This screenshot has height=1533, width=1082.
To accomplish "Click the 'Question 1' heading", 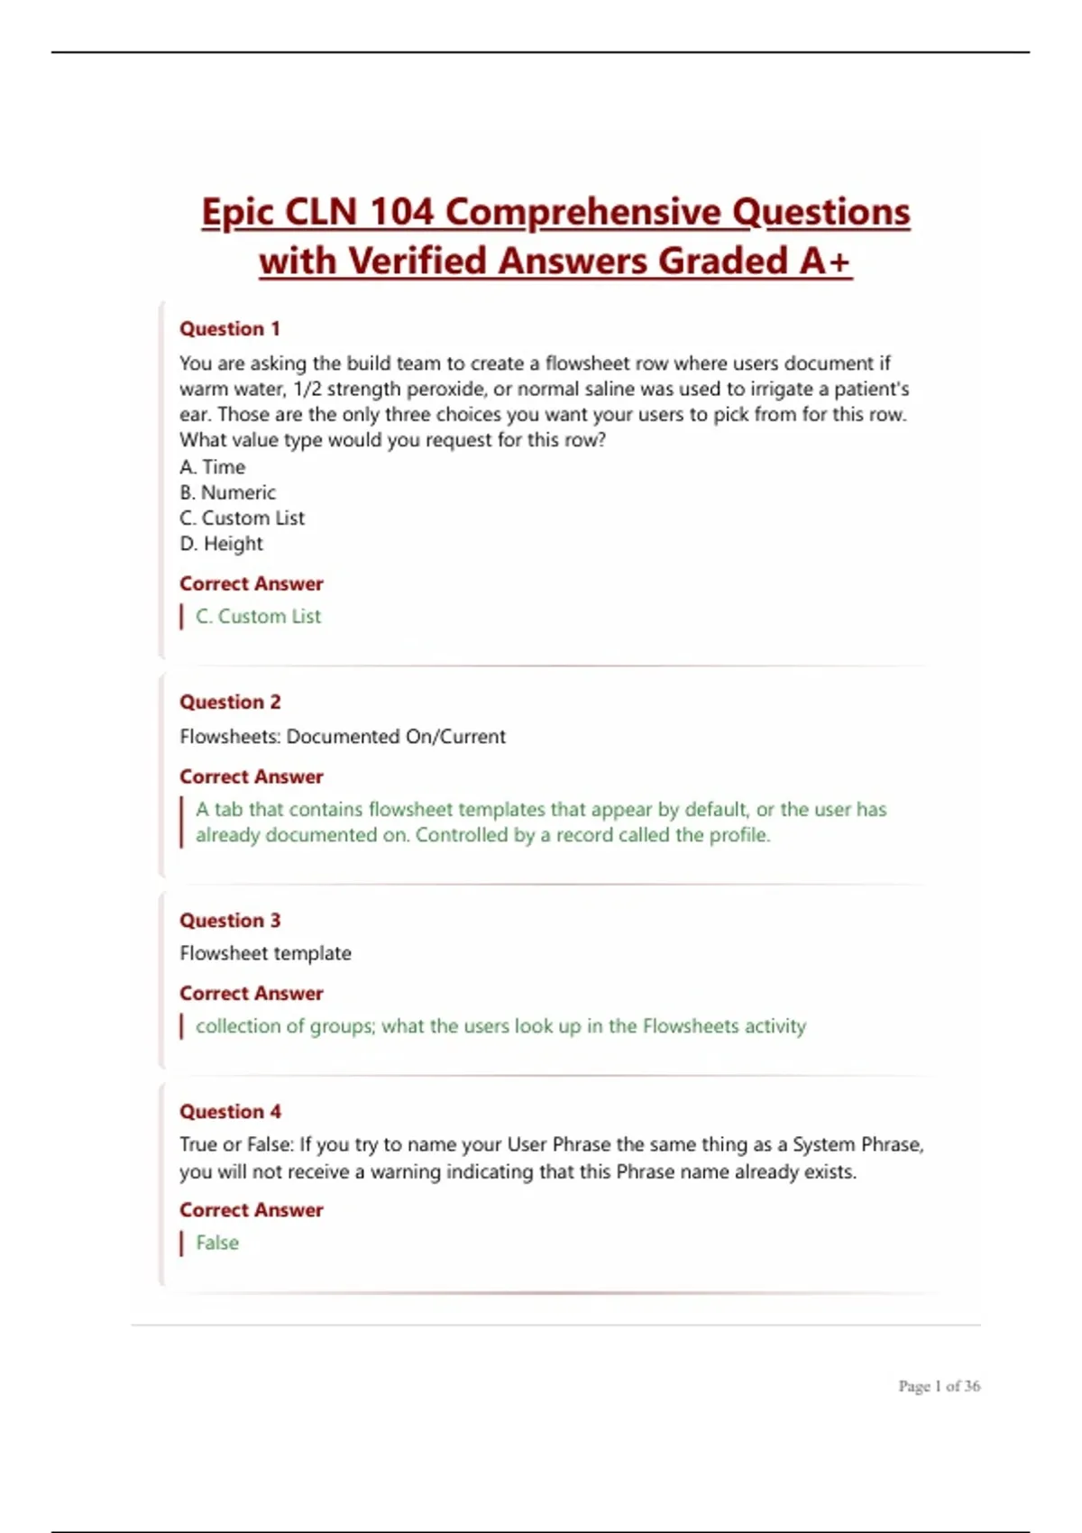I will tap(230, 329).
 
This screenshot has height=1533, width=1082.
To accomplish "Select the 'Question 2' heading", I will tap(230, 702).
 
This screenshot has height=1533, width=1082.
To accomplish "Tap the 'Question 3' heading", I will tap(230, 921).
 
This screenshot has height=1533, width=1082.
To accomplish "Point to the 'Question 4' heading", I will tap(230, 1112).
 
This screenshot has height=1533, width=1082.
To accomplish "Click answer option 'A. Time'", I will tap(213, 467).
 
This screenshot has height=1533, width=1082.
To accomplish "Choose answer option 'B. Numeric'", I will tap(227, 492).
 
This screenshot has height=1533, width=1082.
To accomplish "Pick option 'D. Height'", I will tap(221, 544).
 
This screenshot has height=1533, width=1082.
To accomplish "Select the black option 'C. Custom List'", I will tap(242, 519).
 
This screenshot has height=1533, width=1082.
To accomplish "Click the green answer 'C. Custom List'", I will tap(258, 617).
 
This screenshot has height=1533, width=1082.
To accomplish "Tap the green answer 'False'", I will tap(217, 1243).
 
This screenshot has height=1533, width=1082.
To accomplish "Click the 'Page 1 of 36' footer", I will tap(939, 1386).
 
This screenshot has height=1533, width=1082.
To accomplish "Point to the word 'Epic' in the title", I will tap(236, 213).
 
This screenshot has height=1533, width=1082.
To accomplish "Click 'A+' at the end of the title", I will tap(825, 262).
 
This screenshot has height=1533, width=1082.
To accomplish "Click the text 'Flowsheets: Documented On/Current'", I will tap(343, 737).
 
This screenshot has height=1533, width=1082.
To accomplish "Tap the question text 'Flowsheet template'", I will tap(265, 953).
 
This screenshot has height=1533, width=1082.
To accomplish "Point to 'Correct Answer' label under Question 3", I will tap(251, 994).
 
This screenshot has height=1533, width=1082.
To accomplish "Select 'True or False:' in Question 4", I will tap(236, 1145).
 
